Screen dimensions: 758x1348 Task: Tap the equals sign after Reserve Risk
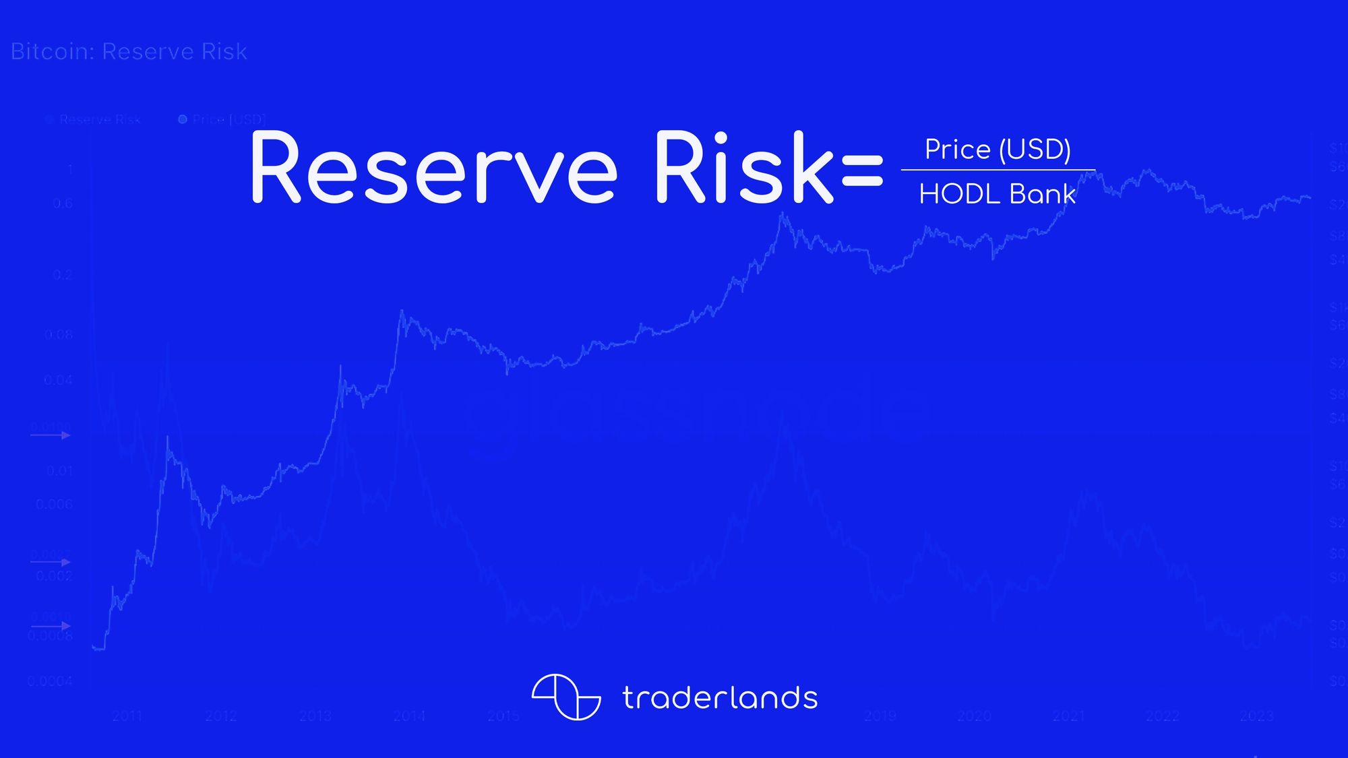tap(862, 170)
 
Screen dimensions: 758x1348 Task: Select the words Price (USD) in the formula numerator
tap(998, 150)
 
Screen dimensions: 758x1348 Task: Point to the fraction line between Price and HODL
tap(998, 170)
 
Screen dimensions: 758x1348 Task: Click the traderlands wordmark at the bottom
tap(720, 698)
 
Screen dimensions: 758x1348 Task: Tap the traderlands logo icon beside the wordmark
tap(565, 697)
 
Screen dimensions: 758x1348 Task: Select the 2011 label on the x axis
tap(127, 716)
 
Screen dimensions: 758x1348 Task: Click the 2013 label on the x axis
tap(315, 716)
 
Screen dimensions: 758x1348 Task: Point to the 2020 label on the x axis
tap(975, 716)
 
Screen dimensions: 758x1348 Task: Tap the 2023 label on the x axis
tap(1256, 716)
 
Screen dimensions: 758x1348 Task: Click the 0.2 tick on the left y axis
tap(63, 275)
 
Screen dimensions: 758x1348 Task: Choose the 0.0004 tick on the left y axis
tap(50, 682)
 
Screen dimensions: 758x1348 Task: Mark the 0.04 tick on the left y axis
tap(58, 381)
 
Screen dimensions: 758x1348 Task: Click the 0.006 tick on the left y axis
tap(54, 504)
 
